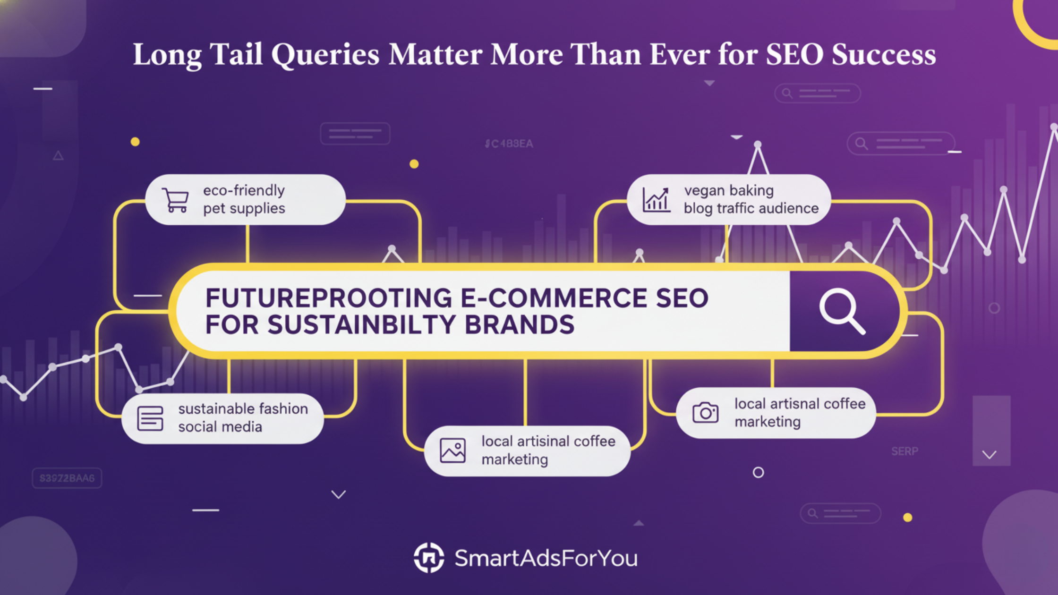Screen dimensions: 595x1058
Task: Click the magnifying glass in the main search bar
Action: click(842, 311)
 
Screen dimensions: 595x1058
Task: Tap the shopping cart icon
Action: click(176, 200)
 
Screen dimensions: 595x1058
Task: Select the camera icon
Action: click(705, 413)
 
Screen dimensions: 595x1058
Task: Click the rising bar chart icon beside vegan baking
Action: click(656, 200)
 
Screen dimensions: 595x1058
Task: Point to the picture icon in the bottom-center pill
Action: click(452, 450)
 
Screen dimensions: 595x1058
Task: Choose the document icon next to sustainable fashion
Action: click(150, 418)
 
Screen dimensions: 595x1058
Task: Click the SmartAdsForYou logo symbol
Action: click(429, 558)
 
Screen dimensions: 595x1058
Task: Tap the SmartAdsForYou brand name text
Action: click(546, 558)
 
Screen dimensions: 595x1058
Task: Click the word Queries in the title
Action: click(325, 55)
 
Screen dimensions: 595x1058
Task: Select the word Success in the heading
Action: click(883, 55)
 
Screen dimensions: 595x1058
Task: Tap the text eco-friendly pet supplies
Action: click(244, 199)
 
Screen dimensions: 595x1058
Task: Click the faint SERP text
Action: click(904, 451)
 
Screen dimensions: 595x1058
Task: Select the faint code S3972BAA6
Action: click(67, 478)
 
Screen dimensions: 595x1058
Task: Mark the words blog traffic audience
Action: click(751, 208)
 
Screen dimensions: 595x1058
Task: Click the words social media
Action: click(220, 427)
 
